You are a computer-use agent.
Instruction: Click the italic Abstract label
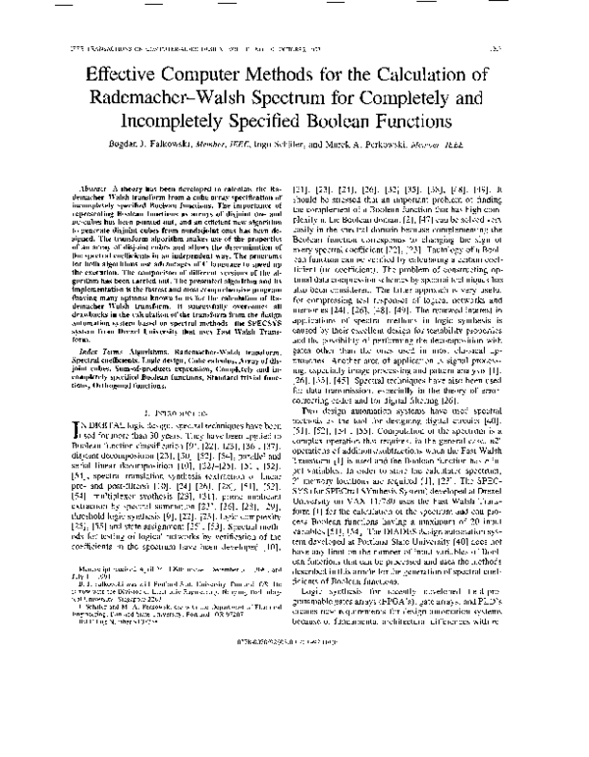(x=93, y=186)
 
